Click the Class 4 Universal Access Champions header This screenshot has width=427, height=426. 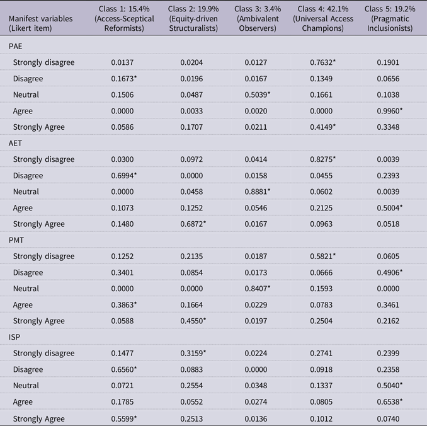323,18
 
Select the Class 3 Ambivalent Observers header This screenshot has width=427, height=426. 258,18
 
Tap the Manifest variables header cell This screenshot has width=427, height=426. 40,23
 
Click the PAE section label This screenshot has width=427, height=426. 15,47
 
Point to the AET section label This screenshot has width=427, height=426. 15,143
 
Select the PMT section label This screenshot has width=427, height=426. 16,240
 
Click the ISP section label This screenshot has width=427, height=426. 14,337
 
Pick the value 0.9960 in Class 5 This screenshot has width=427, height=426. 390,111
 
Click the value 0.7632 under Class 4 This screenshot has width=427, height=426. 322,62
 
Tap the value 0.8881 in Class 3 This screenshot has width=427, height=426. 258,192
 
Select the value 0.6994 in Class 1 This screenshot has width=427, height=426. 124,176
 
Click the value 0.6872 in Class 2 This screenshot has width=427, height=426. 193,224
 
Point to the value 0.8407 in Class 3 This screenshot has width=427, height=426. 258,289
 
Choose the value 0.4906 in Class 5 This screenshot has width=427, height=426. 390,273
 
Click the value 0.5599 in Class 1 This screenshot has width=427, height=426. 124,418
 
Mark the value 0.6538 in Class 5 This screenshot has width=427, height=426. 390,402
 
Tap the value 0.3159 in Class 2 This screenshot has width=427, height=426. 193,354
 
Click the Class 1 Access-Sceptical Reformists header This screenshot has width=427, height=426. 124,18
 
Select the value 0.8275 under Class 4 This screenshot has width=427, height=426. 322,159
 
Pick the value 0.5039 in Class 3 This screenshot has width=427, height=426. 258,95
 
